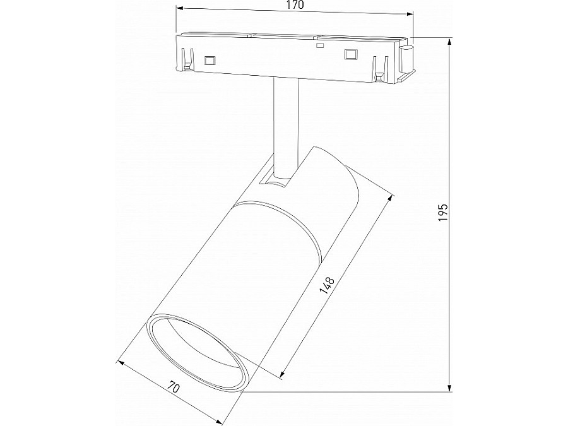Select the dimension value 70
click(175, 387)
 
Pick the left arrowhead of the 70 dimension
click(121, 363)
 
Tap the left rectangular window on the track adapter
click(209, 61)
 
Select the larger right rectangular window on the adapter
click(350, 55)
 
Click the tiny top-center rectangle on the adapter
click(320, 46)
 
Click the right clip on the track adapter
click(380, 68)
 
